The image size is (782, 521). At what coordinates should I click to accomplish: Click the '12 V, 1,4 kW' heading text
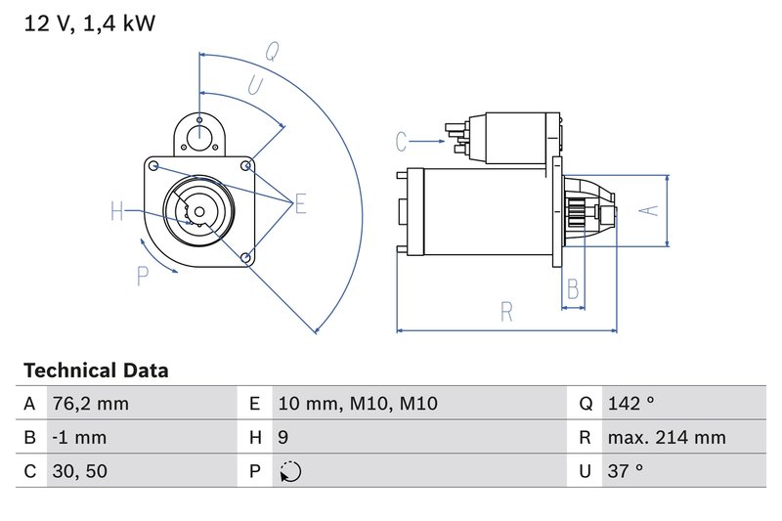pos(89,23)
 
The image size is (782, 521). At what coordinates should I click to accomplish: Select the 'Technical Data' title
pos(95,370)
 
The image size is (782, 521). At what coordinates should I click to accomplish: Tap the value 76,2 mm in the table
pos(89,404)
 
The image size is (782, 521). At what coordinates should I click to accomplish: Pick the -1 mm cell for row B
pos(80,438)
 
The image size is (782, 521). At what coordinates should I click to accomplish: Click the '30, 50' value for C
pos(80,471)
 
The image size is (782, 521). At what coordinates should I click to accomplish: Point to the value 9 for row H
pos(282,438)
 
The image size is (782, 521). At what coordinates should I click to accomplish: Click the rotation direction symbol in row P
pos(290,471)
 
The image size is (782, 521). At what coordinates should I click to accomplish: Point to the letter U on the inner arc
pos(255,86)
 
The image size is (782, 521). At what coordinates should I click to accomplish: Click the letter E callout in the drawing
pos(300,203)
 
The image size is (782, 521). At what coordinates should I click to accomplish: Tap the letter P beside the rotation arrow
pos(143,277)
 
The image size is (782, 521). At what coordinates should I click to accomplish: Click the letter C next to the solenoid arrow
pos(402,142)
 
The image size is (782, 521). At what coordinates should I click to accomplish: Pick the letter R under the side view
pos(506,312)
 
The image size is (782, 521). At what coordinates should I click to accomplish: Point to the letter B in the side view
pos(573,288)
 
